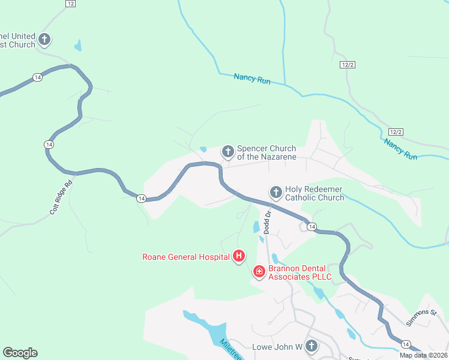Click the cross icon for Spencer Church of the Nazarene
[228, 151]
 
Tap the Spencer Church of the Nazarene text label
[267, 152]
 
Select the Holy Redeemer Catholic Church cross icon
[276, 192]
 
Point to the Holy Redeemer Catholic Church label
[314, 193]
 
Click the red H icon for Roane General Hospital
[239, 257]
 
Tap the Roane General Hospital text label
[185, 257]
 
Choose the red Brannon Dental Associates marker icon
[259, 272]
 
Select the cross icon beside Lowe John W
[311, 346]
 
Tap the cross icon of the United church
[44, 40]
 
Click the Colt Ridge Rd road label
[61, 197]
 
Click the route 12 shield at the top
[71, 4]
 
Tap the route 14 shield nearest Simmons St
[406, 344]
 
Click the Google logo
[20, 353]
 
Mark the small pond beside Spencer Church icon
[203, 149]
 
